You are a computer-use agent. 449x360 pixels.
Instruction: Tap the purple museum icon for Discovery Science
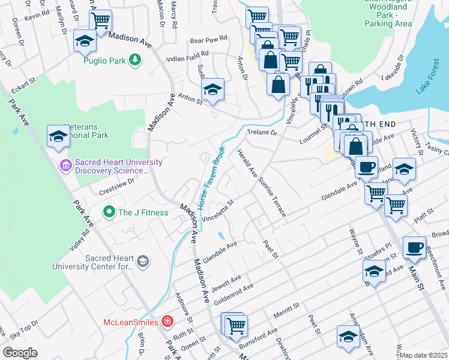65,164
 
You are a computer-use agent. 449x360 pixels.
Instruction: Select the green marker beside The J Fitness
109,212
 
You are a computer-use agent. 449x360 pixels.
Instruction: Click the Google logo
19,353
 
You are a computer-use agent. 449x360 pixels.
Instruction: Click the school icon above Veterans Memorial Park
58,136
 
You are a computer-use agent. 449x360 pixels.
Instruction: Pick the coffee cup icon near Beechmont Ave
414,248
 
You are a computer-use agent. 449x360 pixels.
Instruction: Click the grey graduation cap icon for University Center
143,261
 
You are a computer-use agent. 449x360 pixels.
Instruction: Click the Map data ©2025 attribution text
423,355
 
